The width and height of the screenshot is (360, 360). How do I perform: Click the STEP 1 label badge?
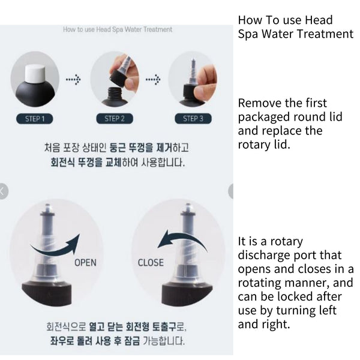[35, 119]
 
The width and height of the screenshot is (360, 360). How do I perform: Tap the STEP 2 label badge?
[115, 119]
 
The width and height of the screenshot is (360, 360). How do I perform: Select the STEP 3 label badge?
[193, 119]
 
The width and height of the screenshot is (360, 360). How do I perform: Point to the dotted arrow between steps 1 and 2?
[73, 79]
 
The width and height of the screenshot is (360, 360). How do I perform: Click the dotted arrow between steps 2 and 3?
[153, 79]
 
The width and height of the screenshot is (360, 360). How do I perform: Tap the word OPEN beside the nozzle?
[85, 263]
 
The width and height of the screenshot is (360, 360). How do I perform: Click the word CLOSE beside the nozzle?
[151, 263]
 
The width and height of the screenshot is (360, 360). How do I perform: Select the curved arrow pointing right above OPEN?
[56, 248]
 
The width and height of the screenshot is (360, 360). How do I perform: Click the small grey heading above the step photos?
[118, 29]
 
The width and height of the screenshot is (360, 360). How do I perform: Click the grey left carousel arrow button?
[3, 191]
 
